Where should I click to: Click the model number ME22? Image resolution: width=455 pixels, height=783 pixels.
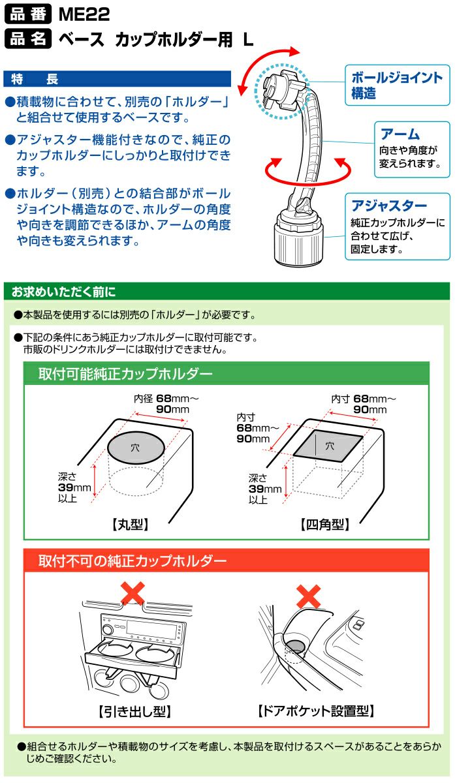[x=84, y=14]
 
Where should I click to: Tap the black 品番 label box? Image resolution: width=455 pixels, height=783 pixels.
[x=28, y=14]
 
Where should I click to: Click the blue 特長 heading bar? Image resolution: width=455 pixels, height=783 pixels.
[x=117, y=79]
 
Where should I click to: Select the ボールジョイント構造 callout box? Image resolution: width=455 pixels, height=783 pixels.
[x=398, y=85]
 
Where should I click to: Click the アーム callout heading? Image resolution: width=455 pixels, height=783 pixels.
[x=400, y=134]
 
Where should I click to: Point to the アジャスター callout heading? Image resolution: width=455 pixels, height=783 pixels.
[x=389, y=206]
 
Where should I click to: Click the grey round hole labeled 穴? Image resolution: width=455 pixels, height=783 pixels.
[x=136, y=448]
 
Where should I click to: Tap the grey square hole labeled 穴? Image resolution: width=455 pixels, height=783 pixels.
[x=328, y=446]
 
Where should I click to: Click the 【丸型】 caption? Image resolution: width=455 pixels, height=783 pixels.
[x=131, y=525]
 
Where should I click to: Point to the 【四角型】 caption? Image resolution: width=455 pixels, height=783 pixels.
[x=325, y=525]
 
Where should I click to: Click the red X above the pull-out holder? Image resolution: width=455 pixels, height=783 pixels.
[x=133, y=592]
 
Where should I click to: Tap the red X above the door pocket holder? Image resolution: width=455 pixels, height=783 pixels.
[x=309, y=596]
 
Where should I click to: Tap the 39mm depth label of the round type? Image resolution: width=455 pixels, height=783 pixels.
[x=74, y=487]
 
